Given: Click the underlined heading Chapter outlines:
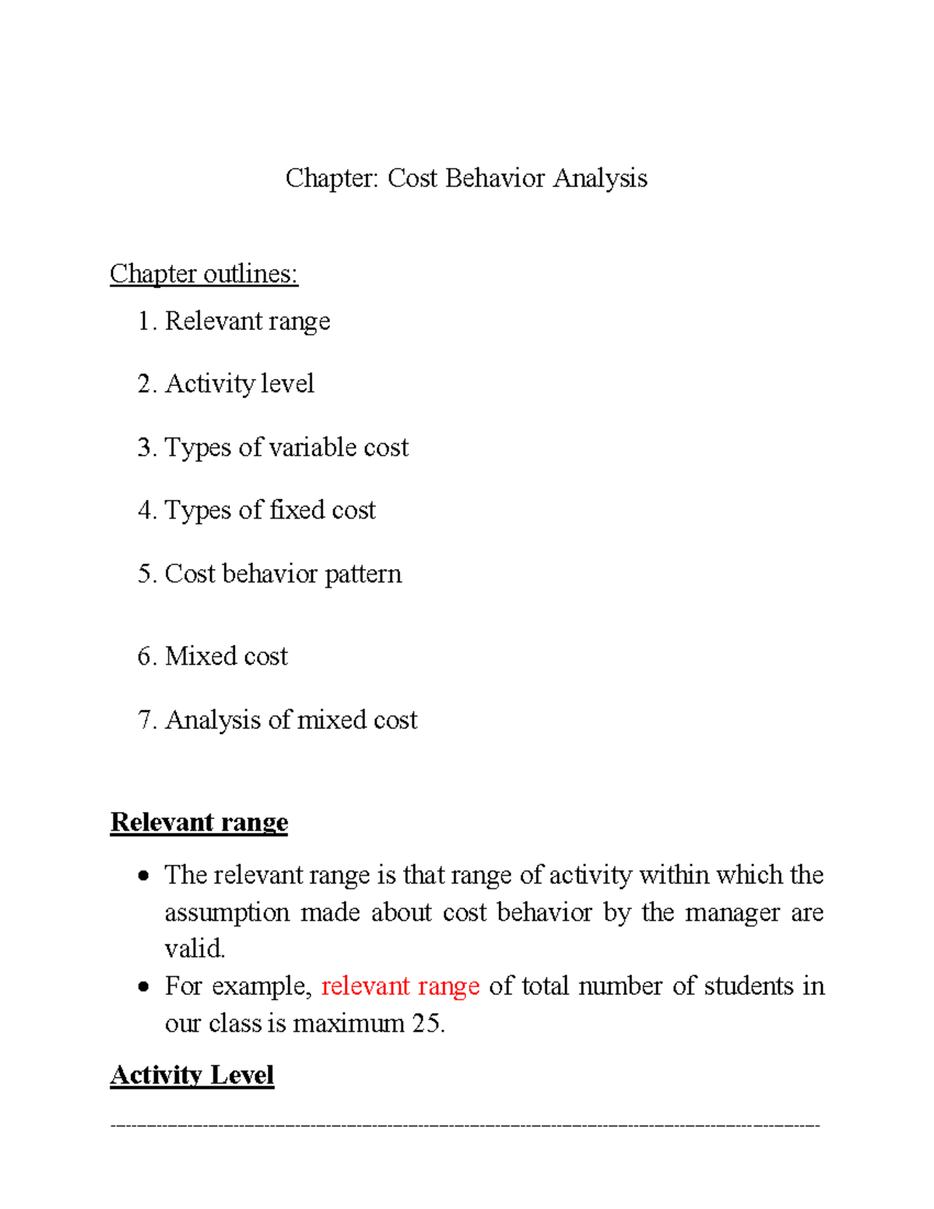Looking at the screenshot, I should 204,274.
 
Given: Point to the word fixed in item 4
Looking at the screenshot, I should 297,510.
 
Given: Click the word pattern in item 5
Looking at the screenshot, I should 363,574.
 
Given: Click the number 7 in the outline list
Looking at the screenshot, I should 144,720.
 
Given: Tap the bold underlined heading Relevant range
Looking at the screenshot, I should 199,822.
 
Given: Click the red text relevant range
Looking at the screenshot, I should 400,986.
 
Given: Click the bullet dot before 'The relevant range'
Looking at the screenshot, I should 142,877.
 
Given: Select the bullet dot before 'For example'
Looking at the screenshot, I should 142,987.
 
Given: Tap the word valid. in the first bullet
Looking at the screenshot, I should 195,949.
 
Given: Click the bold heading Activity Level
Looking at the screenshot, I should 192,1075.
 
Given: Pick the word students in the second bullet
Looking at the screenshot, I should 749,986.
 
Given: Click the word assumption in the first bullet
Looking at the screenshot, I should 226,912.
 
